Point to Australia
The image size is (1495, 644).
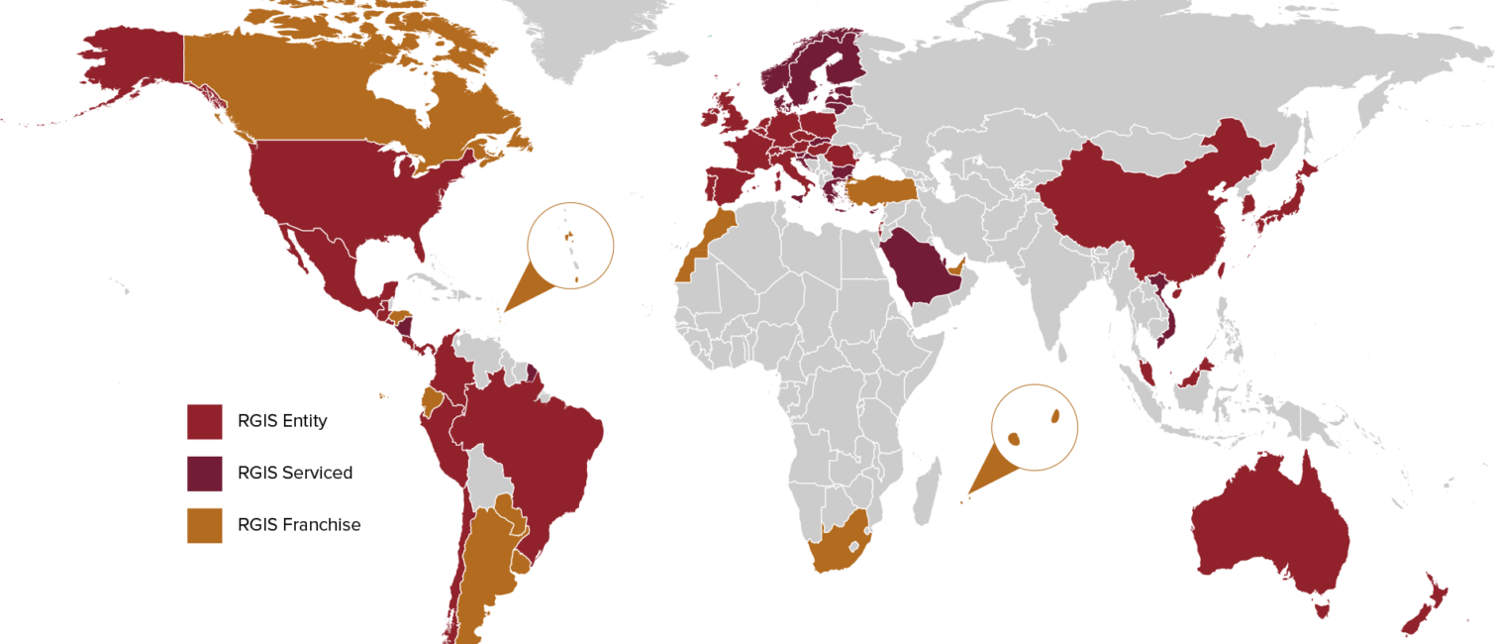(x=1267, y=525)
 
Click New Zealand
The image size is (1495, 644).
(x=1426, y=604)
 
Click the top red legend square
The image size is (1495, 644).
(x=205, y=421)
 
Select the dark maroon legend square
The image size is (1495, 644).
(x=205, y=474)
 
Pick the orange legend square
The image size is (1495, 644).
(x=205, y=525)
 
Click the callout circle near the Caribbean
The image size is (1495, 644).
(x=570, y=245)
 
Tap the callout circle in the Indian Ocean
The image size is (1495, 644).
(x=1035, y=427)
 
